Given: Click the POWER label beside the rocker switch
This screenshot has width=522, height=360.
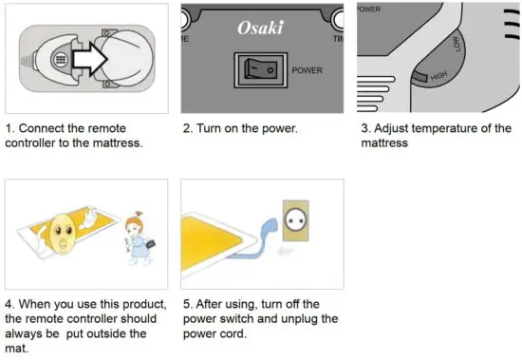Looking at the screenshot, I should (x=308, y=70).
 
